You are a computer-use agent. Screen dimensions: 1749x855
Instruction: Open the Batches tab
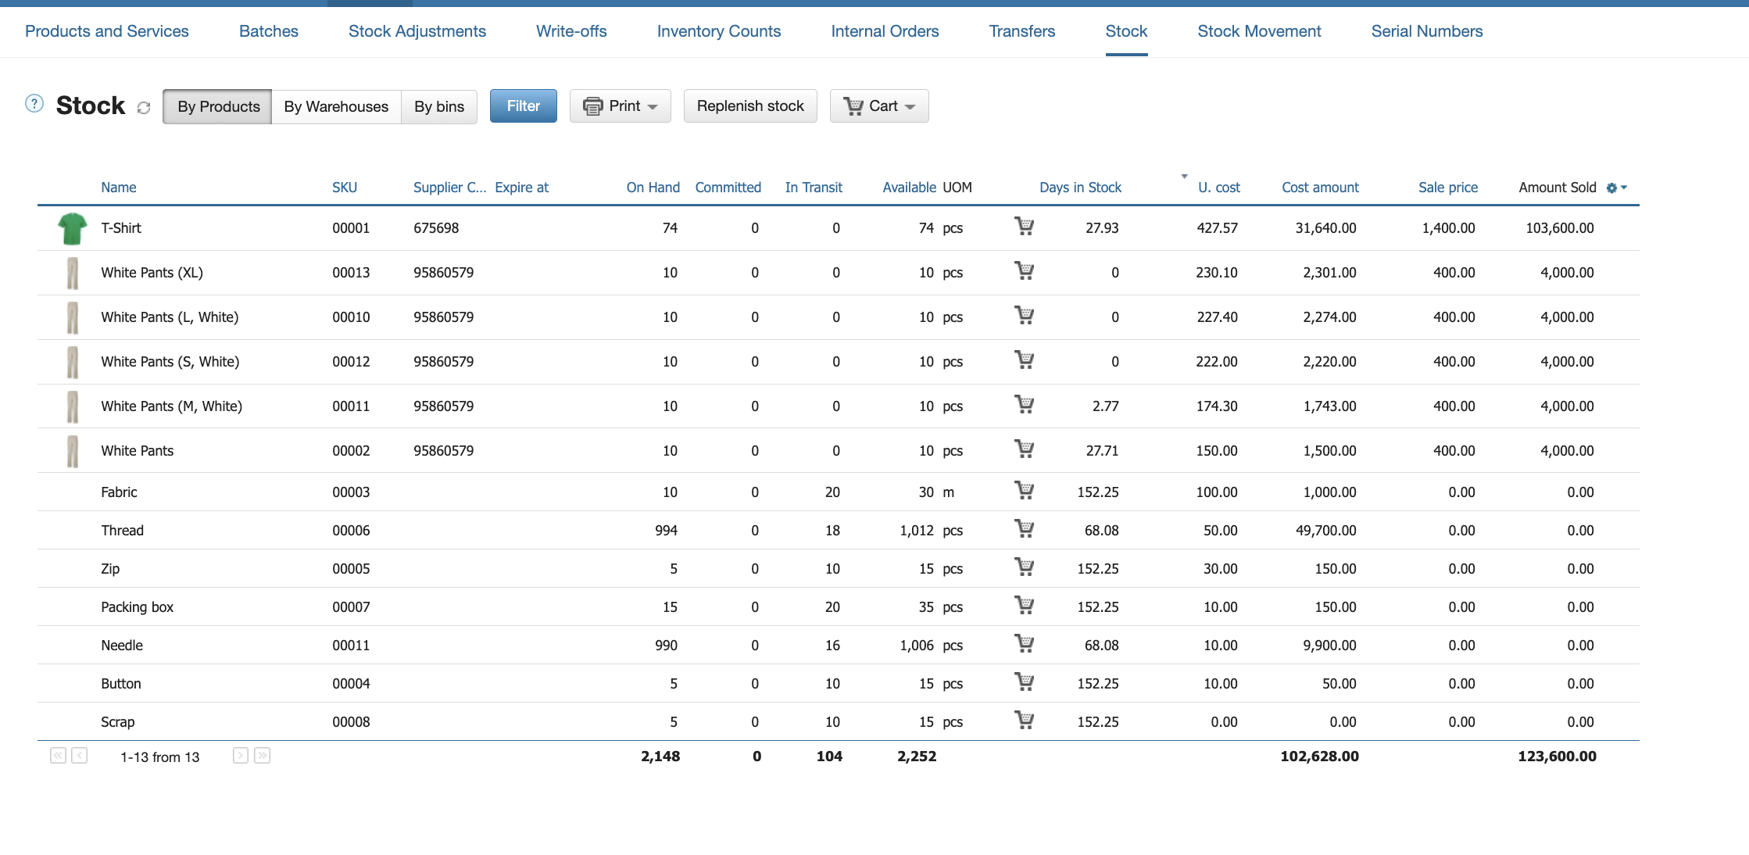pos(269,31)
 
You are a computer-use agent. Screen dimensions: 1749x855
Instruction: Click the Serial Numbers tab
pos(1427,31)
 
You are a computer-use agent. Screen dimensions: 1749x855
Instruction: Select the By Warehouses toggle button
pos(336,106)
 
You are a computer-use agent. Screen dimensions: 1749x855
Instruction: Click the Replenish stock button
pos(750,106)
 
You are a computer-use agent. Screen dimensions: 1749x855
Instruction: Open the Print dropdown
pos(621,106)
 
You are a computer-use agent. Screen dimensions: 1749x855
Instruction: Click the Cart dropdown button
pos(879,106)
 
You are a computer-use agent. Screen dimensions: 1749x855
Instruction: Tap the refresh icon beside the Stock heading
pos(144,108)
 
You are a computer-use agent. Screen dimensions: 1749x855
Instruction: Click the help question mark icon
pos(34,103)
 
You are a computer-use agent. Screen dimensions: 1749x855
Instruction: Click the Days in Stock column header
pos(1080,188)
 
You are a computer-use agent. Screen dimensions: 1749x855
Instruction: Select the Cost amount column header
pos(1320,188)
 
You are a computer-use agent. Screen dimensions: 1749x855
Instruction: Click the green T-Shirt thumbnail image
pos(73,228)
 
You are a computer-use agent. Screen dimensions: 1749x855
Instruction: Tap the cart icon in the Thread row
pos(1024,529)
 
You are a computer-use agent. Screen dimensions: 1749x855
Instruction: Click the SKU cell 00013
pos(351,273)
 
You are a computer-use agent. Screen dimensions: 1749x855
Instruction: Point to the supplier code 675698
pos(436,228)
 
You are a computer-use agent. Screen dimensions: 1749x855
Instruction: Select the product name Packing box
pos(138,607)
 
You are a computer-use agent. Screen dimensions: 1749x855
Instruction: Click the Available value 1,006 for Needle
pos(917,646)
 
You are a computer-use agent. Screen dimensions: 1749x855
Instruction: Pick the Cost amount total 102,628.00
pos(1319,757)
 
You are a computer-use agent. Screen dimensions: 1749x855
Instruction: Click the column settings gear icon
pos(1611,188)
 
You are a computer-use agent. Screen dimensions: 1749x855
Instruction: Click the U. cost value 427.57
pos(1217,228)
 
